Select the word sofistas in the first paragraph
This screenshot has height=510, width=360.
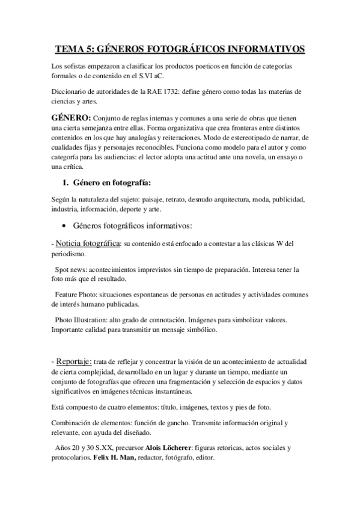[x=76, y=66]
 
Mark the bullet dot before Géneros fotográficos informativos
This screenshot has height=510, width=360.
[x=64, y=227]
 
